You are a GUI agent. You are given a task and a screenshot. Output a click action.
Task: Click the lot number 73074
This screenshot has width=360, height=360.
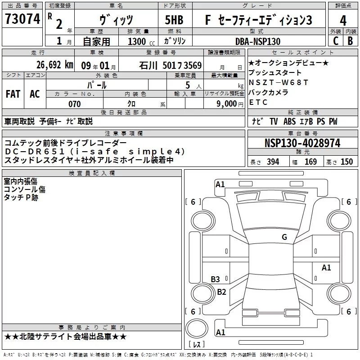point(22,19)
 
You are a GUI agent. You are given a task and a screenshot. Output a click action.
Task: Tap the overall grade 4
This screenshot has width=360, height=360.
point(343,21)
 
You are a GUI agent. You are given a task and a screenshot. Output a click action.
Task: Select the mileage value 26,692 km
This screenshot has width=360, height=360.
point(54,65)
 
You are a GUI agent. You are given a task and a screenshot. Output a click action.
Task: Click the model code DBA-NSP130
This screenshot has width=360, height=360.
point(258,41)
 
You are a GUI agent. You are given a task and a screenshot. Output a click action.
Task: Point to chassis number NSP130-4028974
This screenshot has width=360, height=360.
point(302,143)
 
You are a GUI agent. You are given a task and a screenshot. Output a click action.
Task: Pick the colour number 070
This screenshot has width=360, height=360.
point(75,104)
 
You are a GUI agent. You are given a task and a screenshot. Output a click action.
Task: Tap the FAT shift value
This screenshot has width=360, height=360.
point(13,94)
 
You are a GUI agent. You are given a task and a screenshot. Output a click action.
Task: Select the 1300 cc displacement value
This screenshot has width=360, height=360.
point(141,41)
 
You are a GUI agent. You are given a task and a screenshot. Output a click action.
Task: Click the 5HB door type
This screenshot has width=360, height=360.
point(174,20)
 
